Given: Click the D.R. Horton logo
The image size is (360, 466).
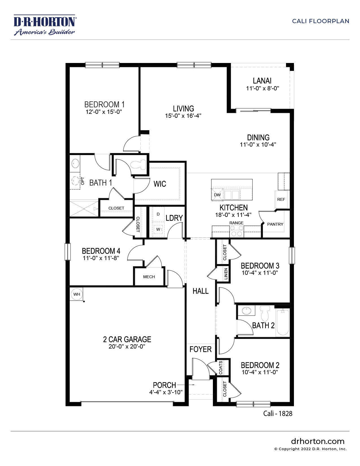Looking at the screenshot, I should click(x=44, y=25).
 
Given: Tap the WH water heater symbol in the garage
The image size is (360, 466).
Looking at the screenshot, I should click(x=77, y=294).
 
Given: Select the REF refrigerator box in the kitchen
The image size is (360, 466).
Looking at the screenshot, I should click(x=281, y=199).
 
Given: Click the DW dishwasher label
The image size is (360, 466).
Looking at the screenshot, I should click(x=217, y=195).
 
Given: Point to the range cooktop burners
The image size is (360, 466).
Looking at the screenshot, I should click(x=236, y=231).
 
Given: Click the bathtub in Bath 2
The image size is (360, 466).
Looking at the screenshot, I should click(x=283, y=323).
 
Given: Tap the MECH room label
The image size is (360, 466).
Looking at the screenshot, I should click(x=149, y=277).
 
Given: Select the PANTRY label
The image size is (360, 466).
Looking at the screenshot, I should click(x=275, y=224).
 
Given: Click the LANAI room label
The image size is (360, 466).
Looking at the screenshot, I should click(x=262, y=81).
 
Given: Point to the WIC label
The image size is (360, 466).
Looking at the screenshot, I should click(x=160, y=184).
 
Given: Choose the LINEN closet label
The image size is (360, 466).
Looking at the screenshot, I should click(x=226, y=273).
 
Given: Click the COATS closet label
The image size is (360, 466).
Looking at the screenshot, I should click(x=221, y=367).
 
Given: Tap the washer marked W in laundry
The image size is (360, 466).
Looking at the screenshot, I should click(x=158, y=229).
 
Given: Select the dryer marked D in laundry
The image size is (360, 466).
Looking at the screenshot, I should click(x=158, y=214).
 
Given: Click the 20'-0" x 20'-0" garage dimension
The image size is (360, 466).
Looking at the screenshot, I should click(x=127, y=347).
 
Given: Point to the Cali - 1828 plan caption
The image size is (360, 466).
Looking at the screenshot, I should click(x=278, y=413).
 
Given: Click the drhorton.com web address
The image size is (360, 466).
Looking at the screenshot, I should click(x=318, y=441).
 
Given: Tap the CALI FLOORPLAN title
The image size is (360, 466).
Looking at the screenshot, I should click(x=320, y=21).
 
